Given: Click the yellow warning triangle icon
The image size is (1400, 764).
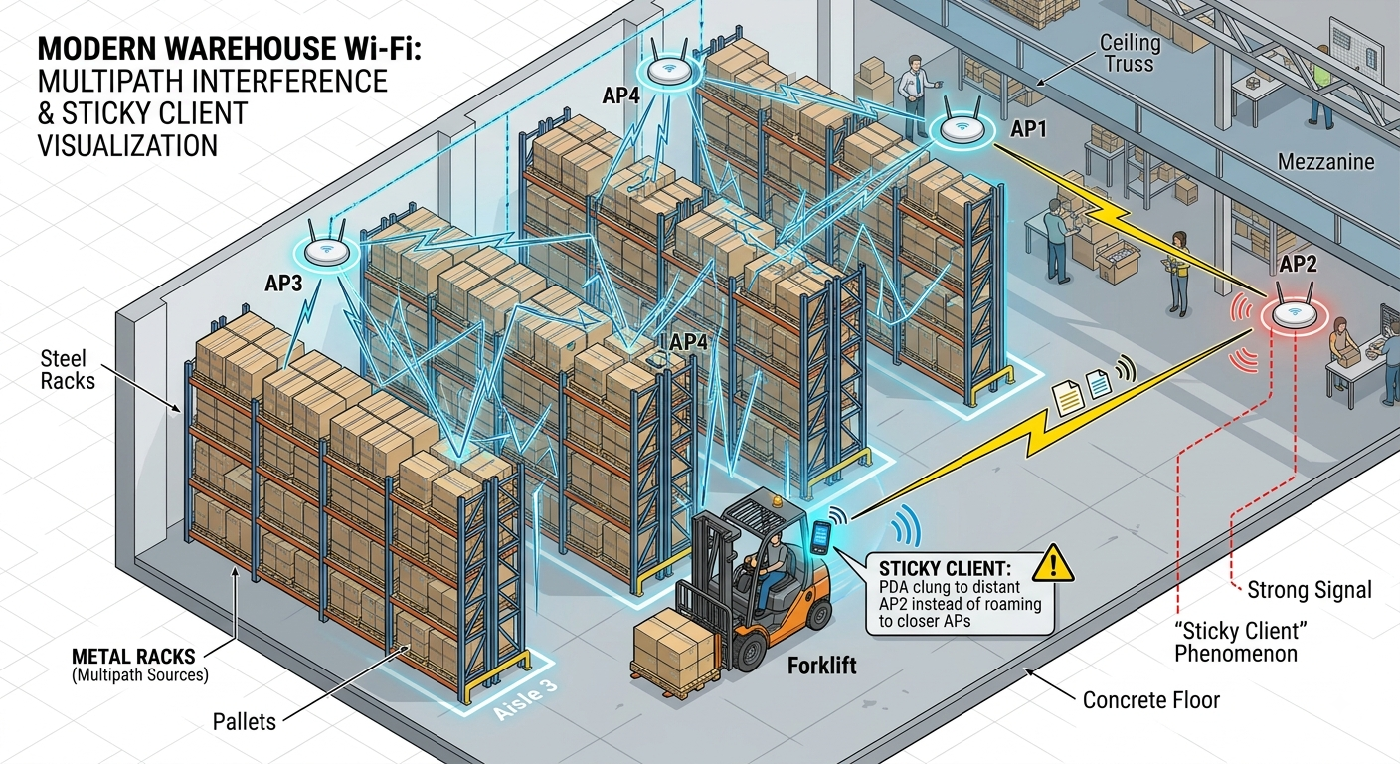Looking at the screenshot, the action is coord(1053,563).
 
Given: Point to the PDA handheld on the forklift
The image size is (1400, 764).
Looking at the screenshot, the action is coord(820,537).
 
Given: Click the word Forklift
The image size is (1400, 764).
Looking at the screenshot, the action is coord(822,666).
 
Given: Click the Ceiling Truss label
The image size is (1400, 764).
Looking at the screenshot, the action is coord(1130,53).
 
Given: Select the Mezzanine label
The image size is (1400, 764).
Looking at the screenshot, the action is coord(1325,162).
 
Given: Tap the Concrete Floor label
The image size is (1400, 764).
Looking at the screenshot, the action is coord(1150,700).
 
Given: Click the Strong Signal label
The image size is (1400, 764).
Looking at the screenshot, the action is coord(1309,590).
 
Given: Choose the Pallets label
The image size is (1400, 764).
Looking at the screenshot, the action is coord(245,722).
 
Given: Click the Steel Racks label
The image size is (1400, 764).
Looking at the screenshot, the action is coord(68,369).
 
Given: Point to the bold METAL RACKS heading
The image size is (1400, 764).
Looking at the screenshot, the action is coord(133,656).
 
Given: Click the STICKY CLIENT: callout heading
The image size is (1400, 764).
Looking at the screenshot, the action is coord(945,568).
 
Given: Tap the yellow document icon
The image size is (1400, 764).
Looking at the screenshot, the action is coord(1067,398).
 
